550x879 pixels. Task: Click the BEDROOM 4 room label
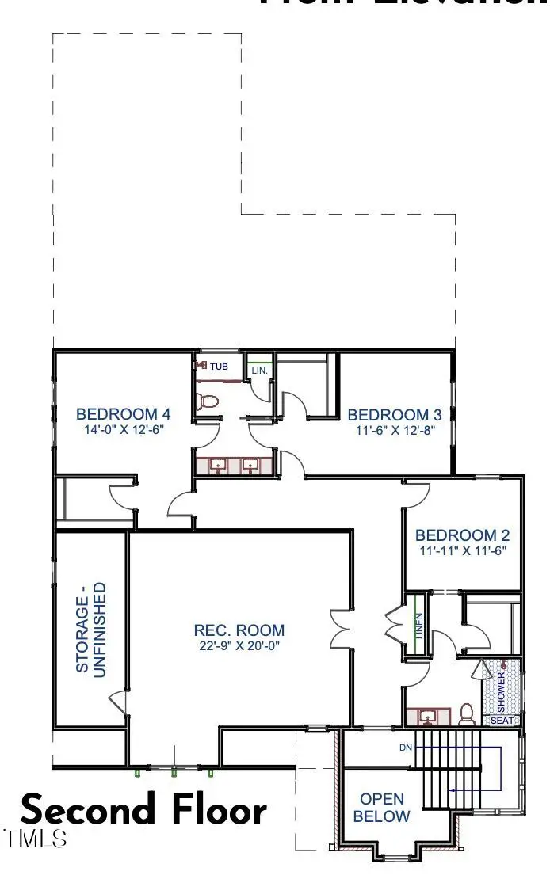(123, 413)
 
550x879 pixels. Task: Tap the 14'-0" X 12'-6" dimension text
(123, 431)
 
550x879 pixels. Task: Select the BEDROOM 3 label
(394, 414)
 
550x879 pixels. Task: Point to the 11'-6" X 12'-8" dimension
(394, 432)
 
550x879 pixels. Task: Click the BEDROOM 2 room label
(462, 534)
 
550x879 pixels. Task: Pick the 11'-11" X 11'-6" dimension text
(462, 550)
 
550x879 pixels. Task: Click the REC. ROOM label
(239, 630)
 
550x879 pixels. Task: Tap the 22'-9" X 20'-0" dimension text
(239, 646)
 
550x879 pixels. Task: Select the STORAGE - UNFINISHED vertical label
(90, 627)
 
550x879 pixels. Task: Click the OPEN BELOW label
(381, 808)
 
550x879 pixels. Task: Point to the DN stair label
(405, 747)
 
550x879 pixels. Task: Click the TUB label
(219, 366)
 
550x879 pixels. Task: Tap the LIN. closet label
(259, 370)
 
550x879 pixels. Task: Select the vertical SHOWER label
(501, 687)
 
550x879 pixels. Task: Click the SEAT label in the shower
(502, 721)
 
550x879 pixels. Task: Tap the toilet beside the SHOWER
(467, 714)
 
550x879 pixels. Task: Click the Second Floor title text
(143, 810)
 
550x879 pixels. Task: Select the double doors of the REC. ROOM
(341, 627)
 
